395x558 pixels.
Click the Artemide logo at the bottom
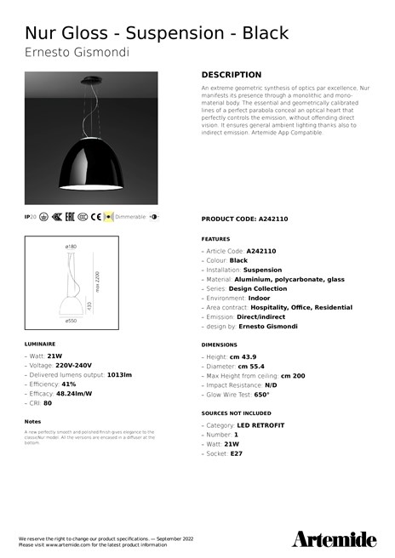click(x=334, y=538)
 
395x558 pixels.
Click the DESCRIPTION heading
click(x=231, y=75)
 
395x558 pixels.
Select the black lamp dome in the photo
click(x=91, y=162)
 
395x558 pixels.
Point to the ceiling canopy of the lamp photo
click(x=91, y=81)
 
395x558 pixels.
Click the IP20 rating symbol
click(x=31, y=217)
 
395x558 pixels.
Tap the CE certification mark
click(x=95, y=217)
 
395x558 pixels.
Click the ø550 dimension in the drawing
click(x=72, y=321)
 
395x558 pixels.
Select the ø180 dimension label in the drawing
click(x=71, y=247)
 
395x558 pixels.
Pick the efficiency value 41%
click(x=69, y=384)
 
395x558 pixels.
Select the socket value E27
click(x=236, y=453)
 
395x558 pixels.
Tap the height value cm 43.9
click(x=244, y=356)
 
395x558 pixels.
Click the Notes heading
click(x=32, y=421)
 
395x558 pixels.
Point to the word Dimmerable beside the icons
click(x=130, y=217)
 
